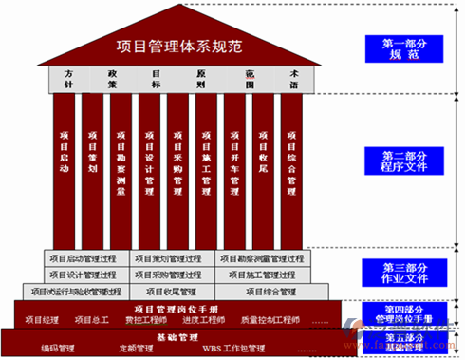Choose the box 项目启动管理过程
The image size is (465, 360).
tap(86, 257)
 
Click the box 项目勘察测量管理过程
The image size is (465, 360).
tap(261, 257)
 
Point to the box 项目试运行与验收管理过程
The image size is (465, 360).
tap(76, 292)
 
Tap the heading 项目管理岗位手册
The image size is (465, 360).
tap(176, 309)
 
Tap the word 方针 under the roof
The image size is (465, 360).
tap(68, 78)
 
